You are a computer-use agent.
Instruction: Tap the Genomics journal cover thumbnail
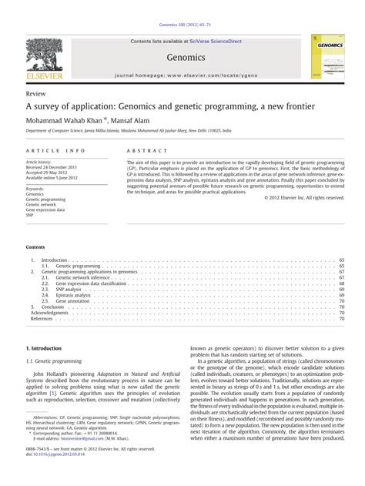(x=325, y=56)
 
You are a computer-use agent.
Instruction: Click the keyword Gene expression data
(x=45, y=209)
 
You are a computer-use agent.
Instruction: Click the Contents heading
(x=35, y=246)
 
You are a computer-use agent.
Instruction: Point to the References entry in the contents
(x=42, y=318)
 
